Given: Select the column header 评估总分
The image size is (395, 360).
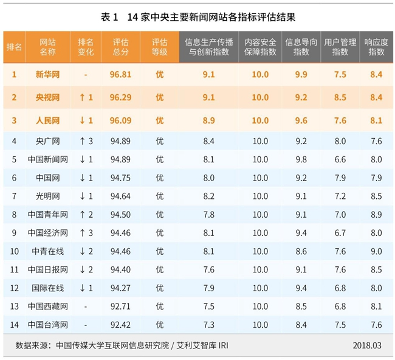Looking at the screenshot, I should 121,47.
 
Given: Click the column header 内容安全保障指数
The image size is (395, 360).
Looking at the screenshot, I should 260,47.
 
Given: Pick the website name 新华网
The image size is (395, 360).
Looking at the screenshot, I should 47,75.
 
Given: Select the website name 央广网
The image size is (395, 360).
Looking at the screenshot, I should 47,142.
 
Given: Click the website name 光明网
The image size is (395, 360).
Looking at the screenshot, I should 47,196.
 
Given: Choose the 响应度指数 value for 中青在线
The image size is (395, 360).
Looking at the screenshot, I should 376,251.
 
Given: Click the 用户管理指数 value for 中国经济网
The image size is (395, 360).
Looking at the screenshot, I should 340,233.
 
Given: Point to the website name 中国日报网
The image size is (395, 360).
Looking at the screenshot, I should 47,269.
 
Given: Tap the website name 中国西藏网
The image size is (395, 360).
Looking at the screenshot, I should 47,306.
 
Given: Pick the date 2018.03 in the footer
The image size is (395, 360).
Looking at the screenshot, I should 367,345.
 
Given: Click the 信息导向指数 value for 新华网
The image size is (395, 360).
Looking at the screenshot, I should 301,75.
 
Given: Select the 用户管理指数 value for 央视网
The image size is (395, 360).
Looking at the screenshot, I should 340,97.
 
